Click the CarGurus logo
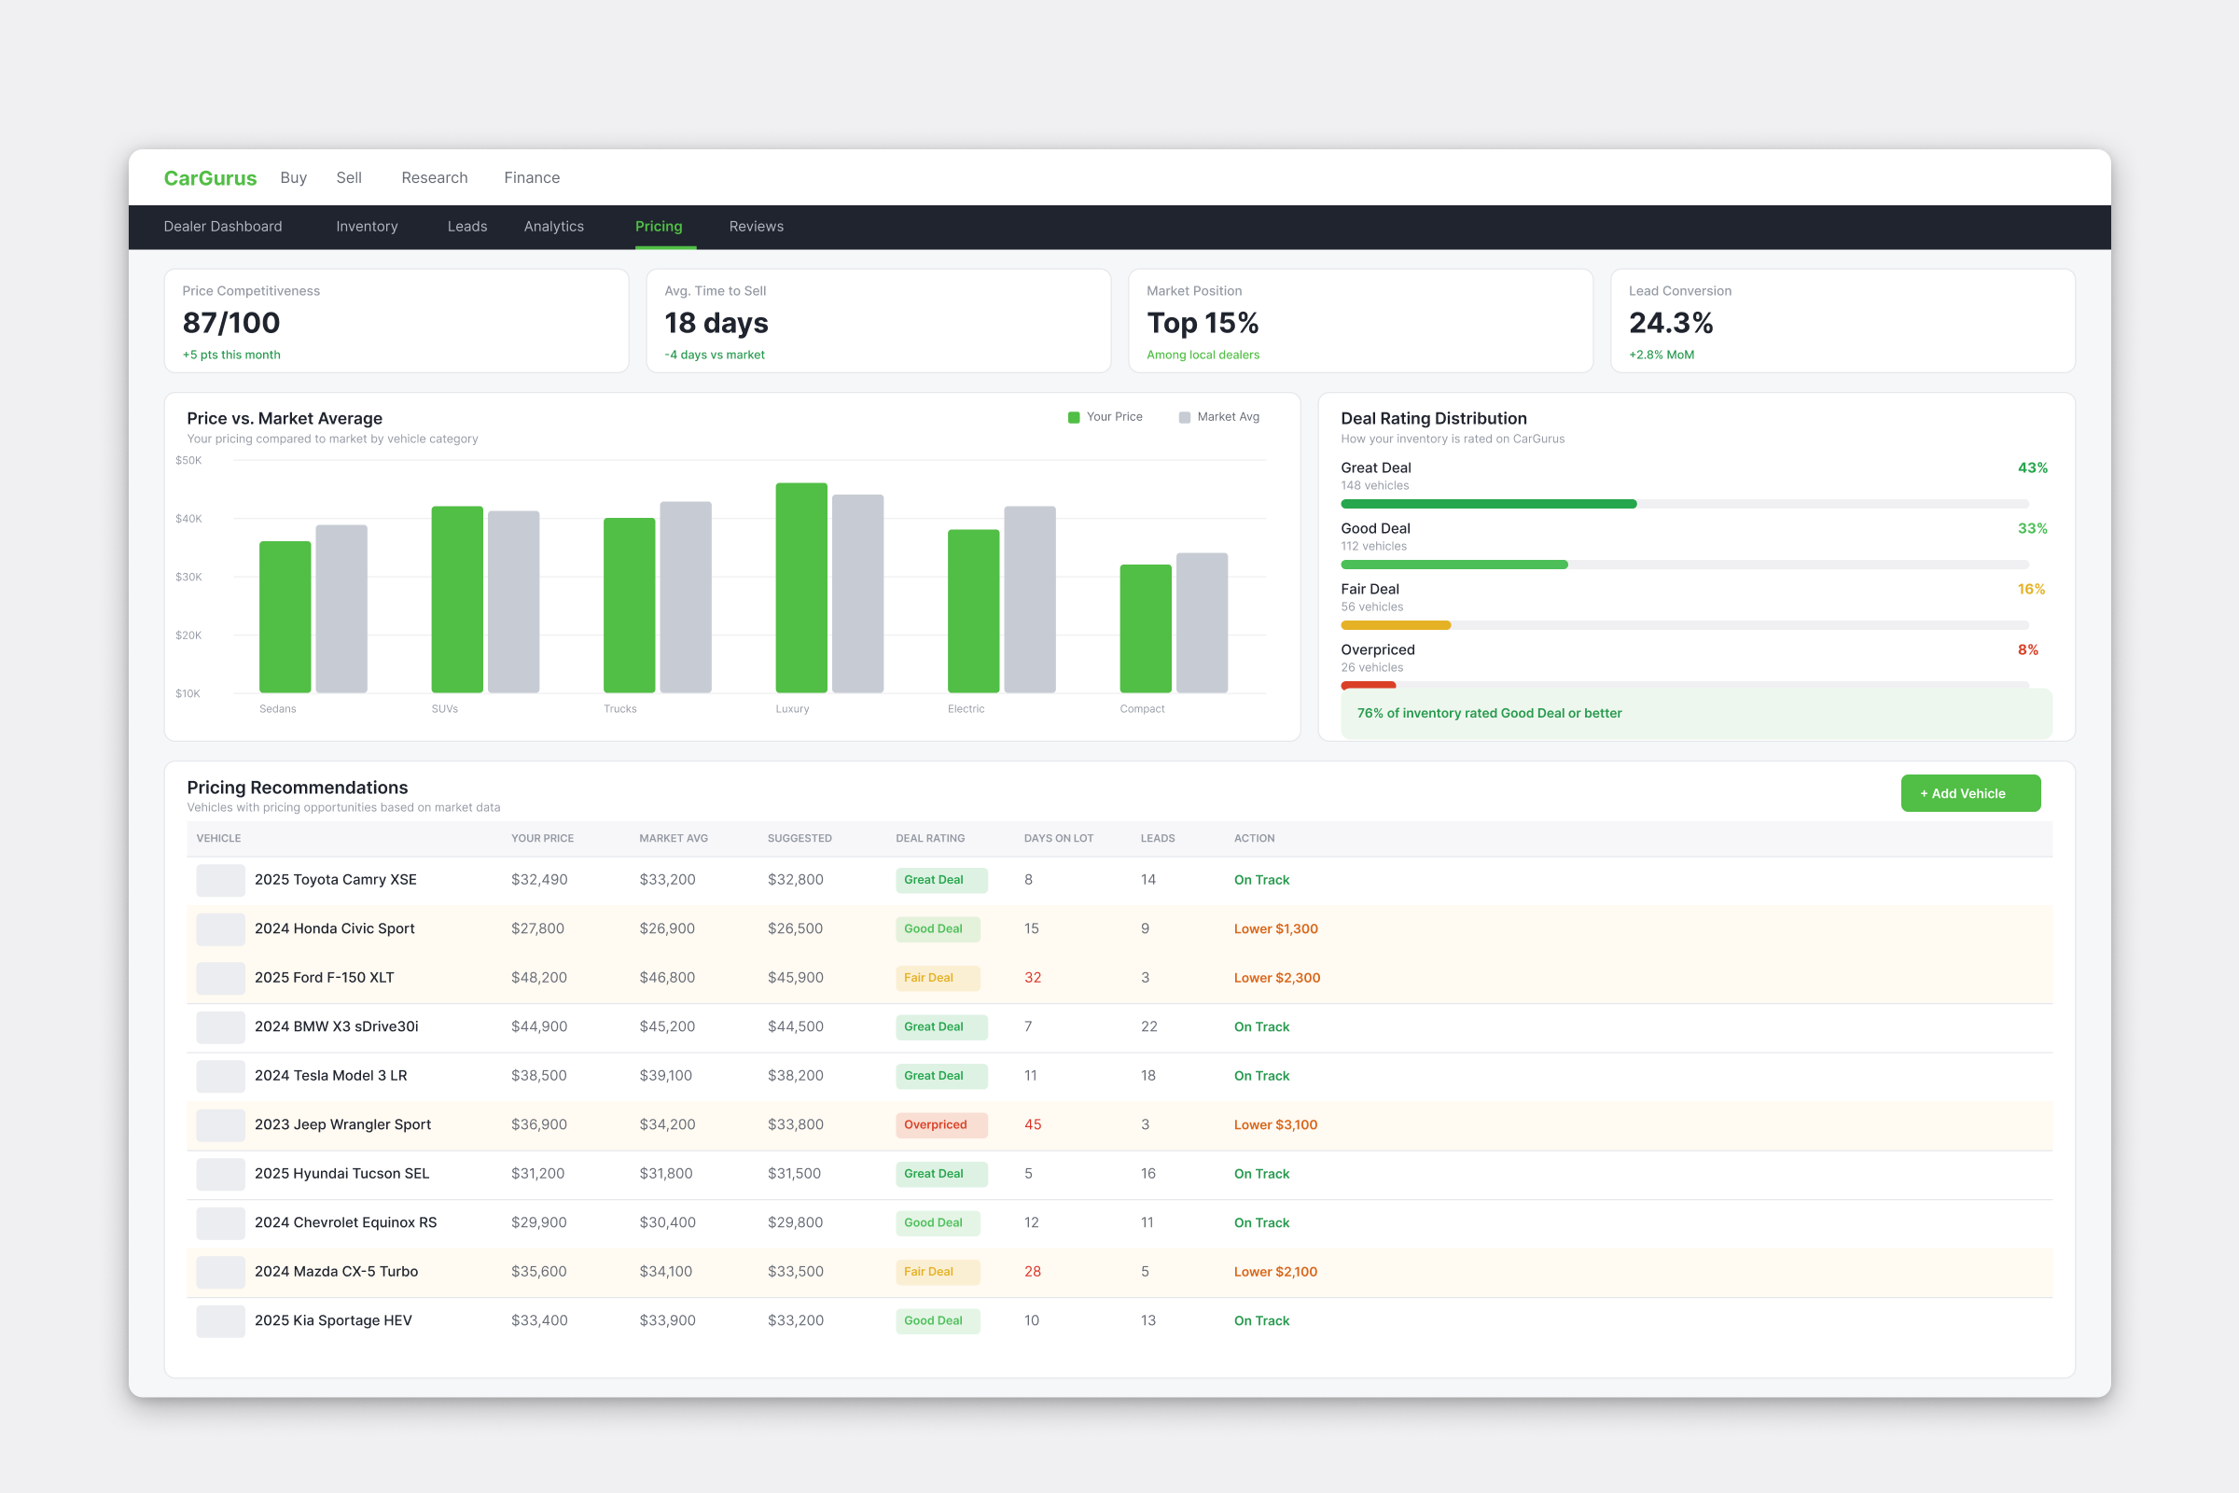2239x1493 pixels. (x=211, y=178)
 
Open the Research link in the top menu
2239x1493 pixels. (x=434, y=178)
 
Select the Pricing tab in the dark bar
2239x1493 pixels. (x=659, y=227)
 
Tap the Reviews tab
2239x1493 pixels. (x=756, y=227)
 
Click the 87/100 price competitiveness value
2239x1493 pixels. (x=231, y=323)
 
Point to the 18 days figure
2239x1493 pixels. (x=716, y=323)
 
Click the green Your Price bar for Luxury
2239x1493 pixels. (x=801, y=588)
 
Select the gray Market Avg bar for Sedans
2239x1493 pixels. (x=341, y=608)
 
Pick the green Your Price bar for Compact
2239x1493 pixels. (x=1146, y=628)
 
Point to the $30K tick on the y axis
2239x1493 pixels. (x=188, y=577)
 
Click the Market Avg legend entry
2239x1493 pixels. (x=1219, y=417)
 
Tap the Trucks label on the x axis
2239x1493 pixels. (x=619, y=709)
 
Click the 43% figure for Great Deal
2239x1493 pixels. (x=2033, y=467)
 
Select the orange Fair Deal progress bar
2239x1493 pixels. (x=1396, y=625)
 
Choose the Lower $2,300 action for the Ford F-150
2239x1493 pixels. (x=1276, y=978)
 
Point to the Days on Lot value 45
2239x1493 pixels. (x=1033, y=1124)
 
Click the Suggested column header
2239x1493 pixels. (x=800, y=839)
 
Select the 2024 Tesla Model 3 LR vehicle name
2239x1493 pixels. (x=330, y=1076)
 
